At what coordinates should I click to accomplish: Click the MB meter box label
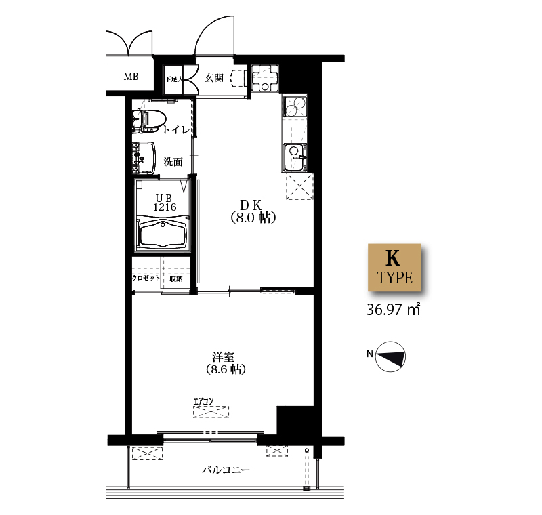tap(131, 76)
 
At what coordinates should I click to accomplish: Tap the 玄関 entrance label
tap(214, 78)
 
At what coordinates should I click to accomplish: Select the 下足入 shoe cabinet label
tap(174, 79)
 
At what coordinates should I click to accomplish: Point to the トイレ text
tap(176, 130)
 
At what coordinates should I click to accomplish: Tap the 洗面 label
tap(173, 161)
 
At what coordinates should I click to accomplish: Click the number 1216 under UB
tap(165, 207)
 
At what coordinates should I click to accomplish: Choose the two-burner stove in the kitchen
tap(295, 106)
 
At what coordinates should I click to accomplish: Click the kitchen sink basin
tap(295, 157)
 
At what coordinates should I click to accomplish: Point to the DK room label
tap(251, 205)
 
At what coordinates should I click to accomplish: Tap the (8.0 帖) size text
tap(253, 218)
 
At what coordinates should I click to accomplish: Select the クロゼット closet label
tap(146, 278)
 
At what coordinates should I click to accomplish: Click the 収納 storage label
tap(176, 279)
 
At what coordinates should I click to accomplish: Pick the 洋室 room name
tap(224, 356)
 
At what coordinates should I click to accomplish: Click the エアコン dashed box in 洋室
tap(211, 411)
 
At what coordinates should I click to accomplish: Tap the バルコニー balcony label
tap(226, 470)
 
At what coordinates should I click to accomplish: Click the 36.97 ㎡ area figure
tap(394, 310)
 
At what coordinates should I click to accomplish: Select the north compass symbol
tap(390, 356)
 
